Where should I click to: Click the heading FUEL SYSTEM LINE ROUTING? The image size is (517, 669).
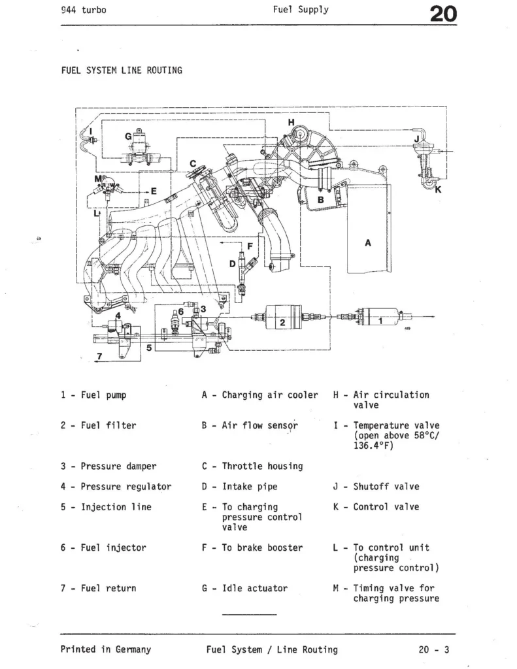tap(121, 70)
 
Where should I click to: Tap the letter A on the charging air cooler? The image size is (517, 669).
tap(367, 242)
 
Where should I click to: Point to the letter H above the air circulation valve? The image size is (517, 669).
tap(292, 122)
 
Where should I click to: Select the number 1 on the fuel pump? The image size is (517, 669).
tap(381, 320)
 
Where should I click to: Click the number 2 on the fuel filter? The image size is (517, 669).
tap(282, 323)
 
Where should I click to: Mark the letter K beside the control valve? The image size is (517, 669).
tap(438, 190)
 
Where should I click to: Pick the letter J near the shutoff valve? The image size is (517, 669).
tap(416, 139)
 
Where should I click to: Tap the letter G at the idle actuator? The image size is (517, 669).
tap(129, 137)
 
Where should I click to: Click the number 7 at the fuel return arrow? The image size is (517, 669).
tap(99, 357)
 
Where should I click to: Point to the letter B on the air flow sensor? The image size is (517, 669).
tap(320, 199)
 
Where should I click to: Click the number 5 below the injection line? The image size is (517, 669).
tap(149, 348)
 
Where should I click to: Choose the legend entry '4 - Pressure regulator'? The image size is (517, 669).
tap(116, 487)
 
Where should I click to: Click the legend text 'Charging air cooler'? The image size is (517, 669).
tap(270, 395)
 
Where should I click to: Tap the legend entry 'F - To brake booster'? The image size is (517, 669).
tap(252, 547)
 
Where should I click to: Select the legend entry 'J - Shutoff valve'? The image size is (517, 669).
tap(376, 487)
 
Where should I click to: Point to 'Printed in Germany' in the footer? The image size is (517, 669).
tap(105, 649)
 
